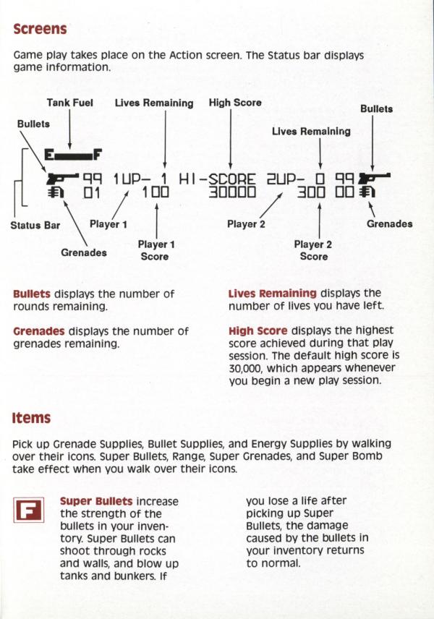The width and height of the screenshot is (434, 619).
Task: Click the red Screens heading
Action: pyautogui.click(x=40, y=29)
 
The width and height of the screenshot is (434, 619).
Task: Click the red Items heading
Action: pyautogui.click(x=31, y=417)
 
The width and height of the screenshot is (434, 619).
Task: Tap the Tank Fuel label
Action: pyautogui.click(x=70, y=103)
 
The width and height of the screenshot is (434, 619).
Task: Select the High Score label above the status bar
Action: pyautogui.click(x=235, y=103)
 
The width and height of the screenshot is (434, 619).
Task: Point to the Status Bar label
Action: pyautogui.click(x=35, y=225)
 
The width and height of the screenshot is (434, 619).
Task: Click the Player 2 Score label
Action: pyautogui.click(x=313, y=250)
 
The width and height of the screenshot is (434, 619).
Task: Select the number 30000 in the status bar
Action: pyautogui.click(x=232, y=192)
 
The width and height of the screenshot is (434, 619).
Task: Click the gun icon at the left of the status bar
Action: pyautogui.click(x=61, y=177)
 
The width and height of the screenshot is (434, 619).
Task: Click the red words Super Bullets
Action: pyautogui.click(x=96, y=500)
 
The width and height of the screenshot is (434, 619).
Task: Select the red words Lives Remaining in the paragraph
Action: pyautogui.click(x=272, y=294)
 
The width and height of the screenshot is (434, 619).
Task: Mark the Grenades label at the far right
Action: pyautogui.click(x=389, y=224)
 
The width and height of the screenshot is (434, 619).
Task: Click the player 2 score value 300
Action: pyautogui.click(x=312, y=192)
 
